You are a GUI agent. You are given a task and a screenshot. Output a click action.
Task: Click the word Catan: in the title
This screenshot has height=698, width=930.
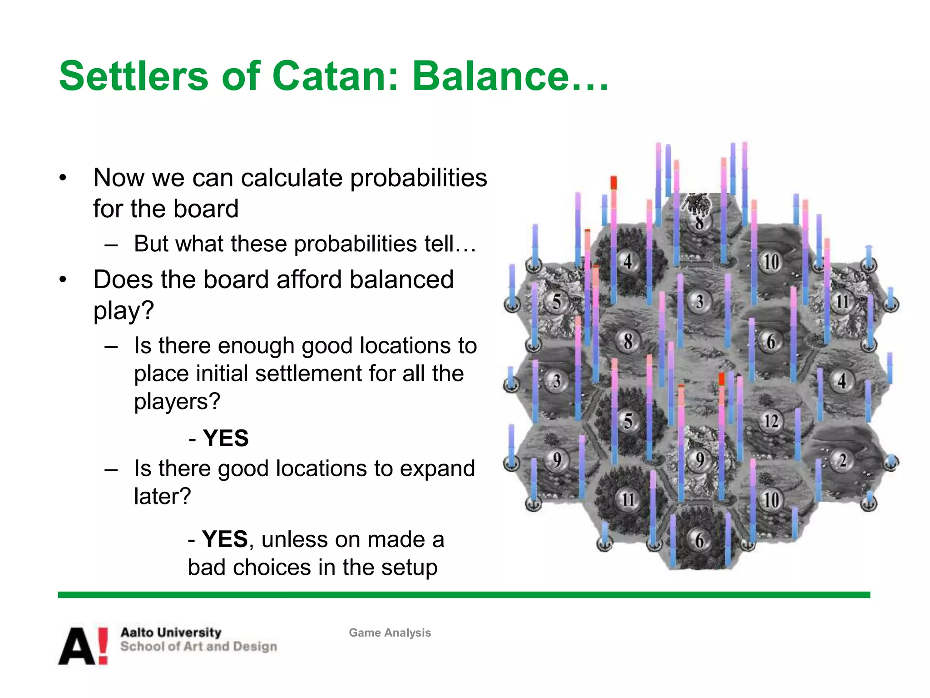pos(335,76)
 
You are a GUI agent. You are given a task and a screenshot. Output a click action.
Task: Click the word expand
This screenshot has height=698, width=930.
pos(436,469)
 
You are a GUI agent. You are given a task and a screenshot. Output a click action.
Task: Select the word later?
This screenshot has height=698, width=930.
pos(162,496)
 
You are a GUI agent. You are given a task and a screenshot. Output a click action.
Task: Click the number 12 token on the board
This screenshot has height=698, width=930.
pos(771,421)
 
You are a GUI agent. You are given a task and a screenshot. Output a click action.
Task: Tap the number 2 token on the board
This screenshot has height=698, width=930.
pos(842,461)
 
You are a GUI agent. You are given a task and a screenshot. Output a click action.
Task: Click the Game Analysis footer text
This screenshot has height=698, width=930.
pos(390,633)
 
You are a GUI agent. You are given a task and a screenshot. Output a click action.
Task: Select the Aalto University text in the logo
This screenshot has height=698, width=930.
pos(171,632)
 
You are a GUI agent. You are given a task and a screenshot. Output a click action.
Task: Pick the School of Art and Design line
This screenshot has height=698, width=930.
pos(198,647)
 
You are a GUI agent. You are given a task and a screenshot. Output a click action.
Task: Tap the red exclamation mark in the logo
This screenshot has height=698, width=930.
pos(103,646)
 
